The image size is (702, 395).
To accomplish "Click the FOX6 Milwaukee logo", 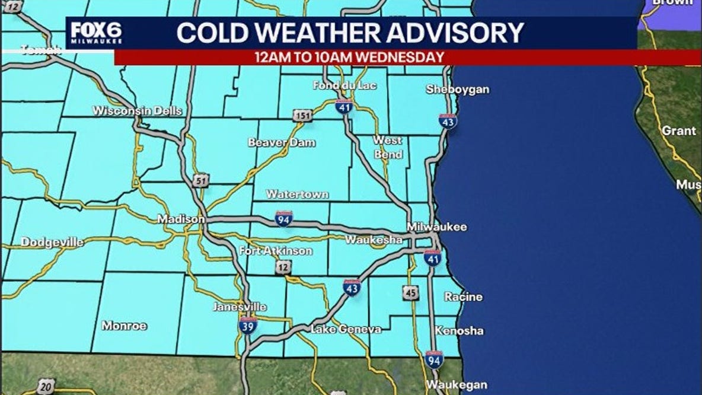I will [x=96, y=33].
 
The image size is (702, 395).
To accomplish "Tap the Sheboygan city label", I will [x=458, y=90].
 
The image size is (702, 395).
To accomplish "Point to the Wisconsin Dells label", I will [x=137, y=111].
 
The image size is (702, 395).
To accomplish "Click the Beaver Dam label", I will [x=282, y=142].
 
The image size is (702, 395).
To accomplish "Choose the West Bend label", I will [x=388, y=147].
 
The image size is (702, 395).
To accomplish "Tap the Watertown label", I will [x=297, y=194].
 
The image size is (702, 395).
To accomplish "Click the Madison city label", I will [x=181, y=219].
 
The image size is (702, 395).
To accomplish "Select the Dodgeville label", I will [x=52, y=242].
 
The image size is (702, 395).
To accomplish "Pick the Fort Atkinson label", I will [x=276, y=251].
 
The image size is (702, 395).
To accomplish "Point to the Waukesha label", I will [x=374, y=240].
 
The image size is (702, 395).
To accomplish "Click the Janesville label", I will [x=240, y=307].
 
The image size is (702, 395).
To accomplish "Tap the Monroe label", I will [x=124, y=326].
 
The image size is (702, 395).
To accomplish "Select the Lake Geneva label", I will [x=346, y=329].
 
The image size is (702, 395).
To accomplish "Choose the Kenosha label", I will [x=459, y=331].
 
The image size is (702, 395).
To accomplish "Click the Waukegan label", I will [x=456, y=384].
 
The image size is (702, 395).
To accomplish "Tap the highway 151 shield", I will [x=302, y=116].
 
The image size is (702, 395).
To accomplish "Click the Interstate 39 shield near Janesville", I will [x=248, y=324].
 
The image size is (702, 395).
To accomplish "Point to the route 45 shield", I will [x=410, y=292].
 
